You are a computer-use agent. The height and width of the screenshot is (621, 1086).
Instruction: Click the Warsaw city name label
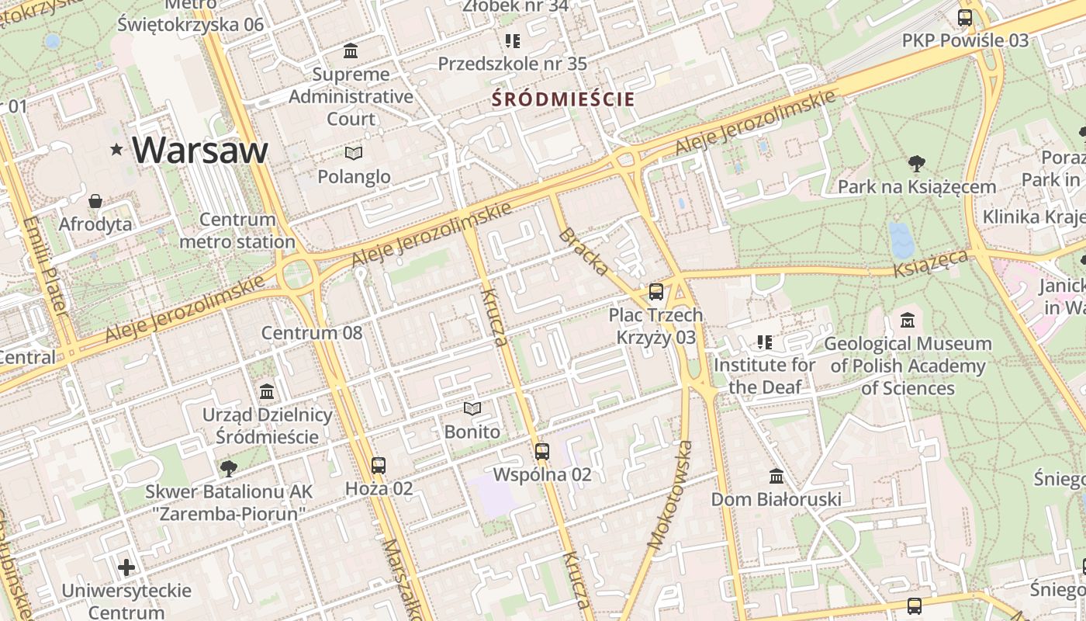click(200, 150)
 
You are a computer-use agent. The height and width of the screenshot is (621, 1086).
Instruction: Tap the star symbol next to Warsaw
click(117, 149)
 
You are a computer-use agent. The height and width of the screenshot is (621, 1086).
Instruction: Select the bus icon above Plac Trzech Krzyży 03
click(655, 292)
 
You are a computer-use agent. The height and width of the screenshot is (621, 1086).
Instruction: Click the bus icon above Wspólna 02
click(542, 451)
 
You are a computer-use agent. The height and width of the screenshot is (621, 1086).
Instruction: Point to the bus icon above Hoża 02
click(378, 466)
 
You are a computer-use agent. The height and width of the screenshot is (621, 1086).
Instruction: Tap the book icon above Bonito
click(472, 408)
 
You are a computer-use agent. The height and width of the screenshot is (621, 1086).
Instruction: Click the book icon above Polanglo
click(354, 153)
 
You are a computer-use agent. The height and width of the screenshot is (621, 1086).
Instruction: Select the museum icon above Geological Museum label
click(908, 320)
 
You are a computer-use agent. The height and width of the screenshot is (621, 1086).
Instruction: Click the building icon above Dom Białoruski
click(776, 476)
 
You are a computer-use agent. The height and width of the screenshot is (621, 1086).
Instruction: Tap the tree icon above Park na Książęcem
click(916, 163)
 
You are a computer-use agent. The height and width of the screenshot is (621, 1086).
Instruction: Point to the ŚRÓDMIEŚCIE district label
click(564, 99)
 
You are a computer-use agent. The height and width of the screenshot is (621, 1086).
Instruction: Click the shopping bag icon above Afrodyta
click(95, 202)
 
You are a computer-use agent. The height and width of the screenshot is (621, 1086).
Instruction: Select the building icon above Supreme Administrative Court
click(351, 51)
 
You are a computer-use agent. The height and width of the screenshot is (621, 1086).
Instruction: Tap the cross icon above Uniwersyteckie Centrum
click(126, 567)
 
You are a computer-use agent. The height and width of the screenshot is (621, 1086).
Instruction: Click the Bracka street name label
click(583, 252)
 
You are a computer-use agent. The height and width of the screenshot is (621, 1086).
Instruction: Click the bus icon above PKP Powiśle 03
click(965, 18)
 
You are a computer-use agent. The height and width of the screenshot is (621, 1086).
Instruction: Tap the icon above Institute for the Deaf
click(765, 342)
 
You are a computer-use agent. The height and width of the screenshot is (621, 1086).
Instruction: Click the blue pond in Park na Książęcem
click(902, 240)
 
